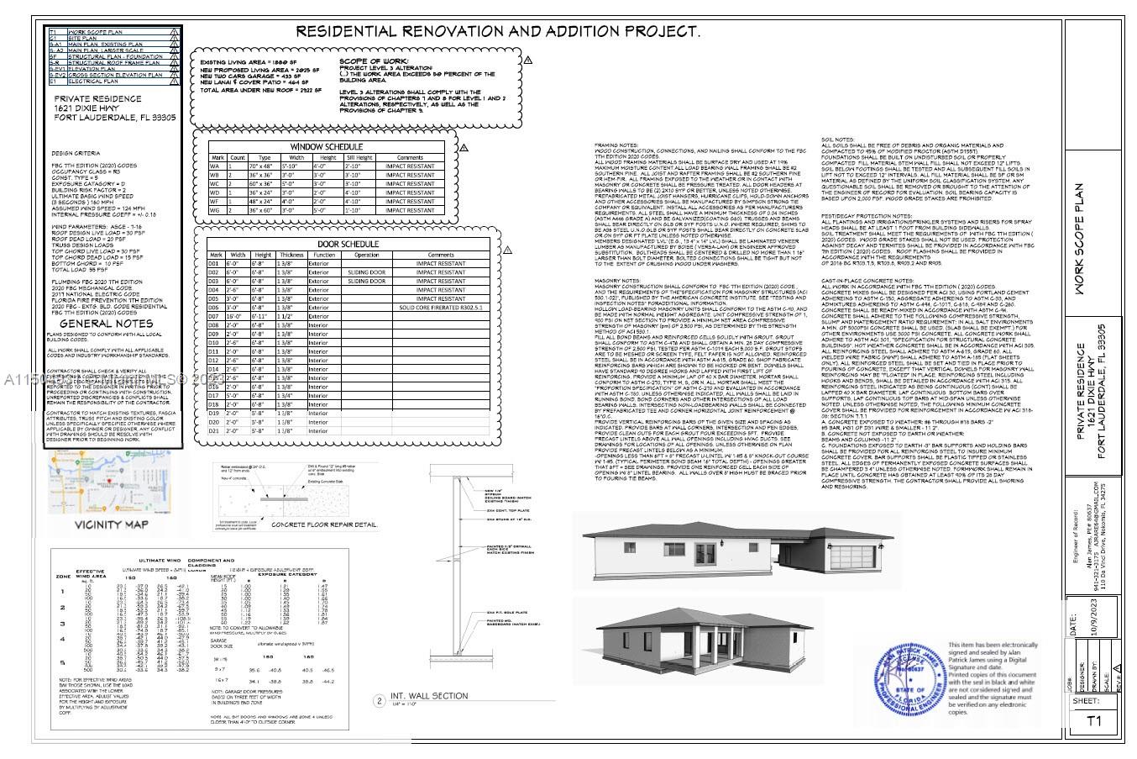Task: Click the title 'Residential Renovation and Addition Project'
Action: [x=497, y=32]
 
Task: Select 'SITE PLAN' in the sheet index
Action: [x=82, y=38]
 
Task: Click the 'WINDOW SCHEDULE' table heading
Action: [x=326, y=147]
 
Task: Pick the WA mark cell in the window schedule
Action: [x=217, y=166]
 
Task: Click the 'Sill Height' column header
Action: [x=359, y=157]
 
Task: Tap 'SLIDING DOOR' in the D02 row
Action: [x=367, y=272]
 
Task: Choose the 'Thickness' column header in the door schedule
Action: [x=291, y=255]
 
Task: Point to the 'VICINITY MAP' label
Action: [x=112, y=525]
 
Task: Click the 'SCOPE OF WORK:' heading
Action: [x=375, y=62]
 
